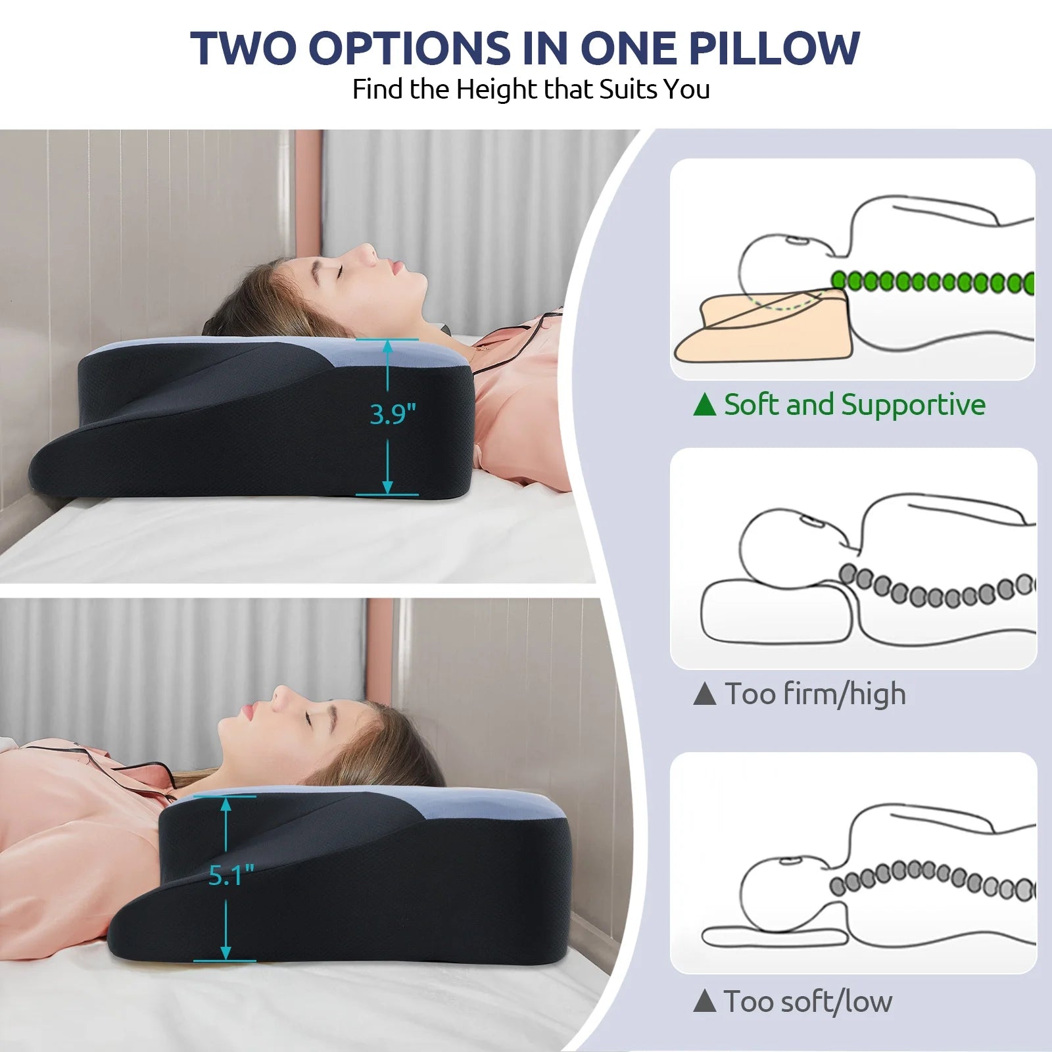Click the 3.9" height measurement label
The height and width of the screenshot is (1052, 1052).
(x=393, y=414)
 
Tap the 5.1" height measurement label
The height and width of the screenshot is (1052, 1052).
(x=231, y=875)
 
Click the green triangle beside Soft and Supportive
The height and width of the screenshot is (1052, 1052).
(x=704, y=404)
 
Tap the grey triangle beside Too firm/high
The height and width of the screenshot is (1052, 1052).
(x=704, y=694)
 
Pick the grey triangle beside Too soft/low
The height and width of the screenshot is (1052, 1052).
(x=704, y=1001)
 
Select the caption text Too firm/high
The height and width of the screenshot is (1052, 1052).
(x=815, y=694)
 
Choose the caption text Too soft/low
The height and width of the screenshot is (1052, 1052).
(x=808, y=1001)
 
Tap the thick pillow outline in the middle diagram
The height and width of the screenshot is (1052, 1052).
(x=776, y=611)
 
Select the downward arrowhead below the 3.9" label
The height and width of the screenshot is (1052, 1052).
(x=388, y=487)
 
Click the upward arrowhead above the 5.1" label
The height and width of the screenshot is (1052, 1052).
(x=226, y=804)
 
